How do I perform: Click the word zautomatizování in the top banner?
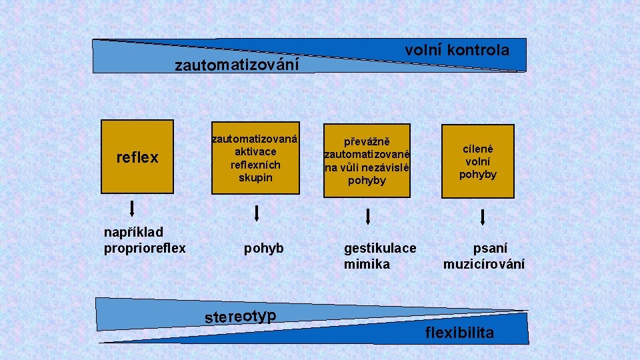click(237, 65)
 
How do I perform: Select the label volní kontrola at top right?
click(457, 50)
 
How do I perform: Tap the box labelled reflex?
click(137, 158)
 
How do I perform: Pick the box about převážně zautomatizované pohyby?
click(367, 160)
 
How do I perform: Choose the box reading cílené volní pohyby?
click(478, 161)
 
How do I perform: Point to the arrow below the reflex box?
click(133, 209)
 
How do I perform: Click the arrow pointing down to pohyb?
click(257, 213)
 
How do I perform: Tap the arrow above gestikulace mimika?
click(367, 216)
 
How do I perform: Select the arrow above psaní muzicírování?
click(483, 217)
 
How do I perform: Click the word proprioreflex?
click(145, 249)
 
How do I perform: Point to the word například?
click(133, 233)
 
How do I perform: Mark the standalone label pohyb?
click(263, 249)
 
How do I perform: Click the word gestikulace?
click(380, 249)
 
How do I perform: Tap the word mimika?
click(367, 264)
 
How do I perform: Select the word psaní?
click(490, 249)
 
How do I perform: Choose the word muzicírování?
click(484, 264)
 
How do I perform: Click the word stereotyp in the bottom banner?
click(241, 316)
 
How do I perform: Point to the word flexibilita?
click(460, 333)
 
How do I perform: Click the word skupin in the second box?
click(255, 178)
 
